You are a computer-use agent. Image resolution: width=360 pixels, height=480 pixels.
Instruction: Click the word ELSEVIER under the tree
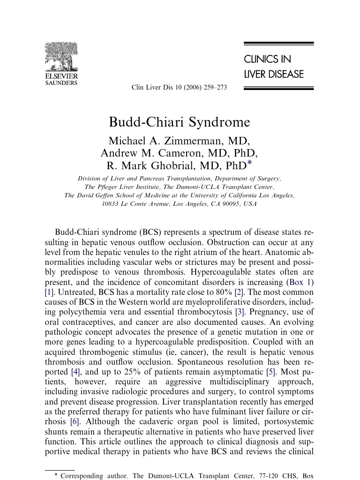pyautogui.click(x=61, y=76)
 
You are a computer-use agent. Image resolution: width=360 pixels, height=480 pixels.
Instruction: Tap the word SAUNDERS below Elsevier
pyautogui.click(x=61, y=83)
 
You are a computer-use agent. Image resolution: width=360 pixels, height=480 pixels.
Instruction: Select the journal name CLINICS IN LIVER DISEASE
pyautogui.click(x=274, y=67)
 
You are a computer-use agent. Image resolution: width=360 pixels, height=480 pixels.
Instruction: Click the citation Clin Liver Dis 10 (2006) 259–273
pyautogui.click(x=180, y=88)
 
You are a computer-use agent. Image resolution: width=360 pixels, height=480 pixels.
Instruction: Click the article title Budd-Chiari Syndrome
pyautogui.click(x=180, y=122)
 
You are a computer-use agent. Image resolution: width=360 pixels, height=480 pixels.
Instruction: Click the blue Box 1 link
pyautogui.click(x=300, y=282)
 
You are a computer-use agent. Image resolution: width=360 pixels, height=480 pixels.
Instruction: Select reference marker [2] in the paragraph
pyautogui.click(x=239, y=292)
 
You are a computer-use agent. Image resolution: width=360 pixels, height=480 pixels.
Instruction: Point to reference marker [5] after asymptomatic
pyautogui.click(x=270, y=372)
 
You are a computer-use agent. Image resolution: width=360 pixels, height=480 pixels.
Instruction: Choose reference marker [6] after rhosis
pyautogui.click(x=75, y=421)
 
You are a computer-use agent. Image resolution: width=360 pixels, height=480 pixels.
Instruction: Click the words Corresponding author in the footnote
pyautogui.click(x=94, y=476)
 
